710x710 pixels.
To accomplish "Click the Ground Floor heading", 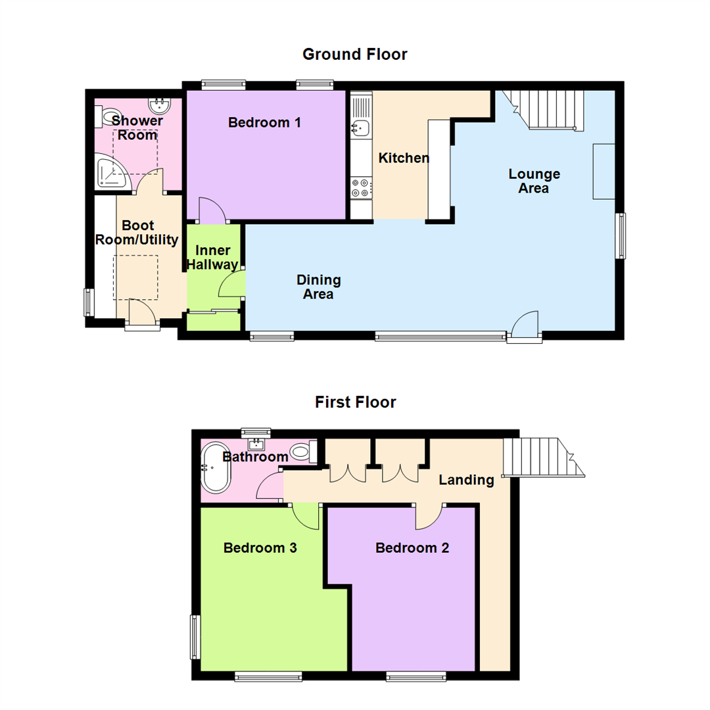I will point(354,54).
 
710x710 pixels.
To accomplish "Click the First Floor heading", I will point(355,402).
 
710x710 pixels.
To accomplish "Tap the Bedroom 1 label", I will point(264,122).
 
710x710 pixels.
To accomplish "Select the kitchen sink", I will point(360,127).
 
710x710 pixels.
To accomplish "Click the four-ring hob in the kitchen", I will point(360,188).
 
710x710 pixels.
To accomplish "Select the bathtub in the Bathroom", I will point(215,468).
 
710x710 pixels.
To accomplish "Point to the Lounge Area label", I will point(534,181).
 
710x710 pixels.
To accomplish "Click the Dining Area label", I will point(318,287).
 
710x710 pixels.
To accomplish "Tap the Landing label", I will point(466,480).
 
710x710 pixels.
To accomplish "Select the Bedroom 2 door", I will point(429,517).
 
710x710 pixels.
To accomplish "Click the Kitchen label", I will point(404,158).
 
